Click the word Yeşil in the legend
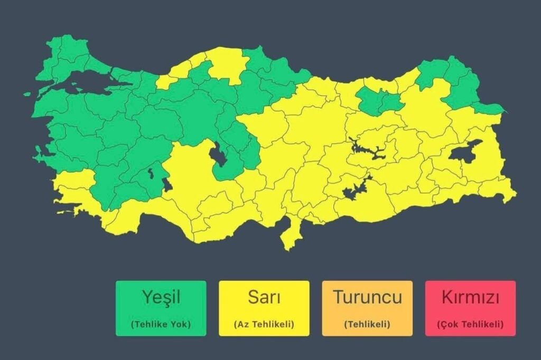point(161,297)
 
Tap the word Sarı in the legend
point(264,297)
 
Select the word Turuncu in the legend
point(367,297)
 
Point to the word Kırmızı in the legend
point(470,297)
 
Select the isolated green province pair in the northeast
point(377,100)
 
